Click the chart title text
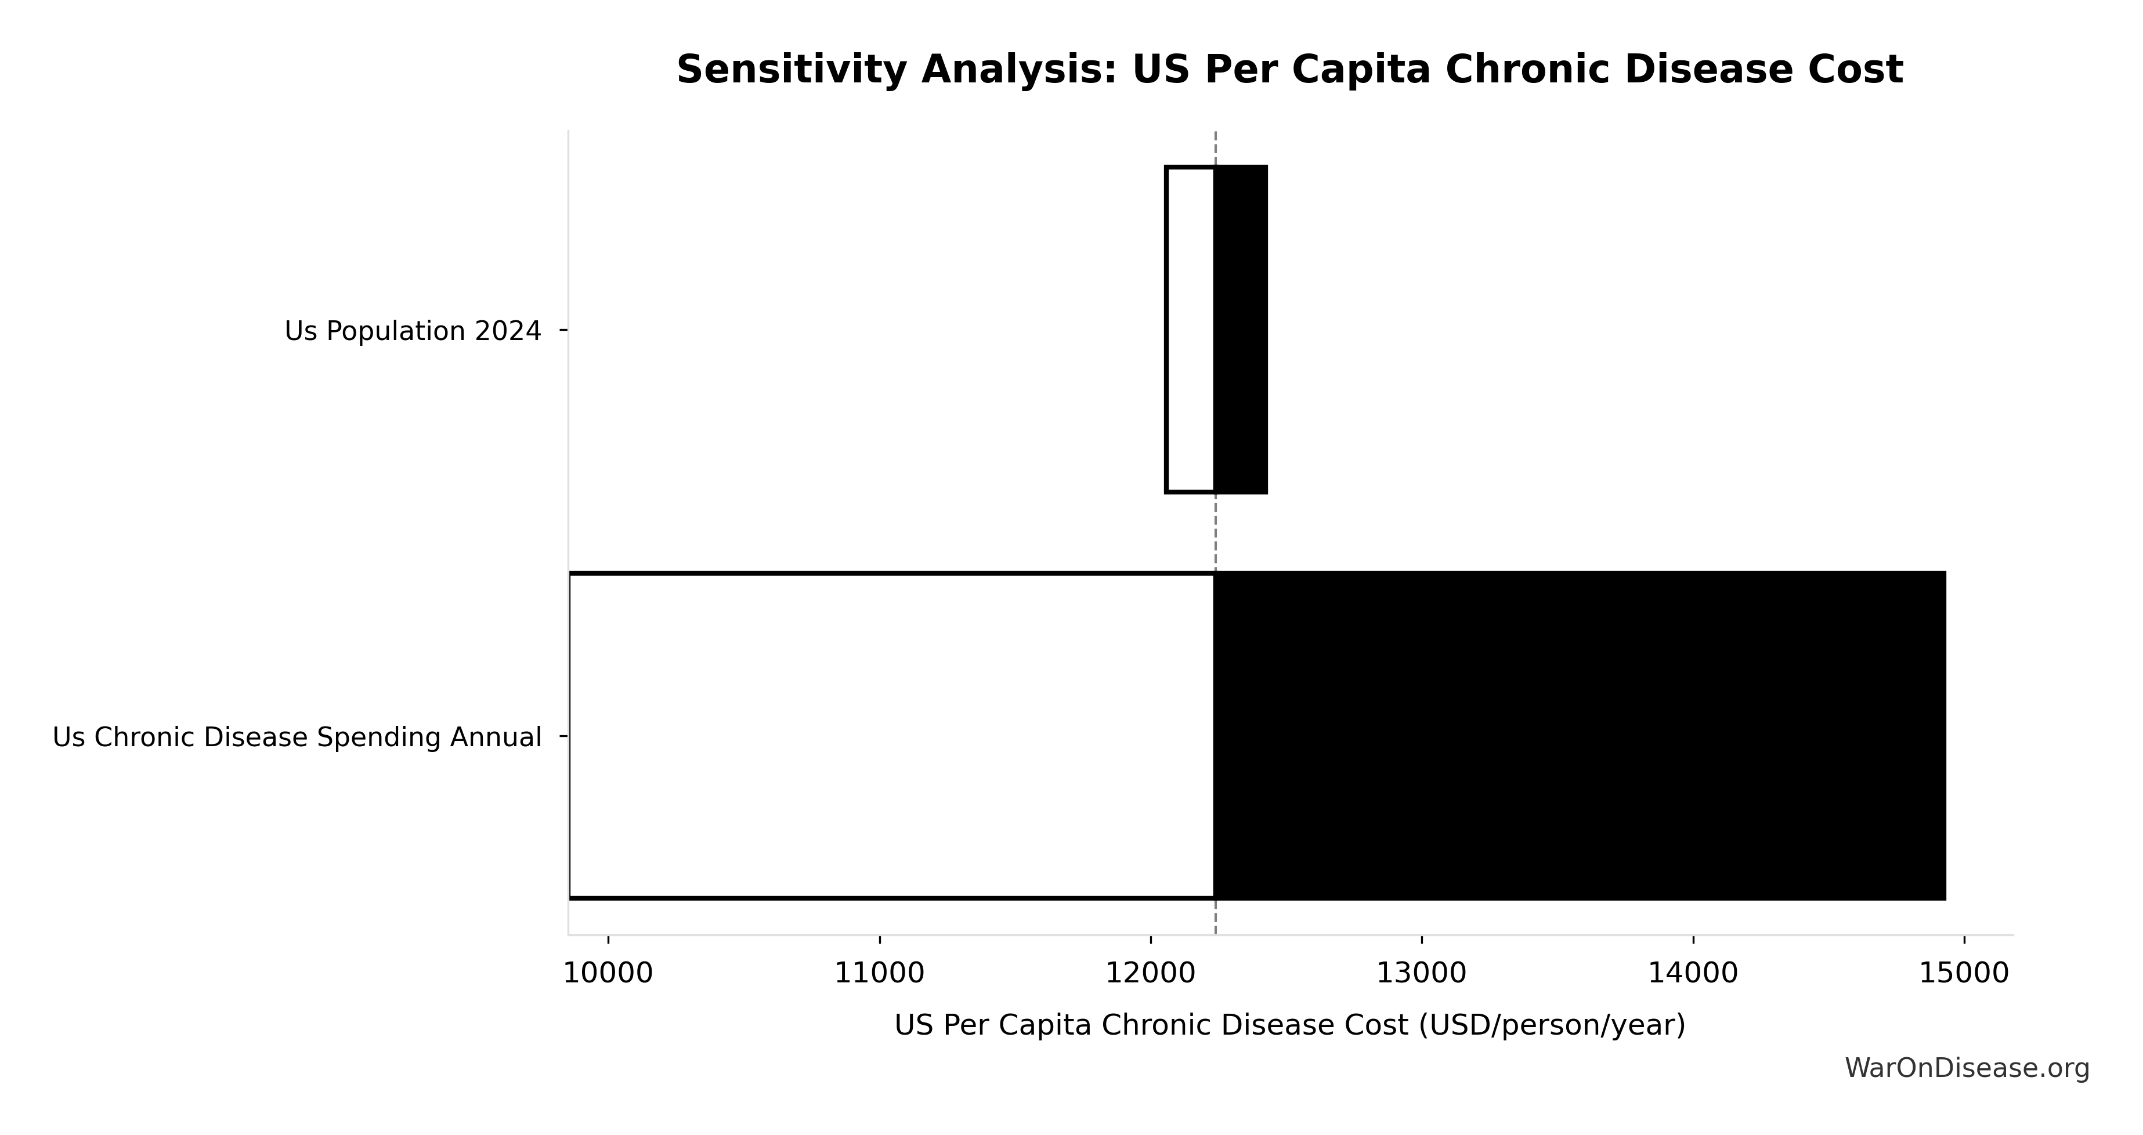coord(1289,70)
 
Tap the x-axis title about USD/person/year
coord(1289,1025)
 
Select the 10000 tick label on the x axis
coord(608,974)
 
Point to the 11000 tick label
coord(879,974)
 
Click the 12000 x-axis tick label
coord(1151,974)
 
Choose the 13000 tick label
coord(1422,974)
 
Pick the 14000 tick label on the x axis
coord(1693,974)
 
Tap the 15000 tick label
coord(1964,974)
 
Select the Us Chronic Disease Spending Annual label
coord(297,738)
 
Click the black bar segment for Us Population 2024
coord(1241,330)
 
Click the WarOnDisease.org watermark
coord(1967,1068)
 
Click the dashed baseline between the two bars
coord(1216,533)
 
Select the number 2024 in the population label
coord(508,331)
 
